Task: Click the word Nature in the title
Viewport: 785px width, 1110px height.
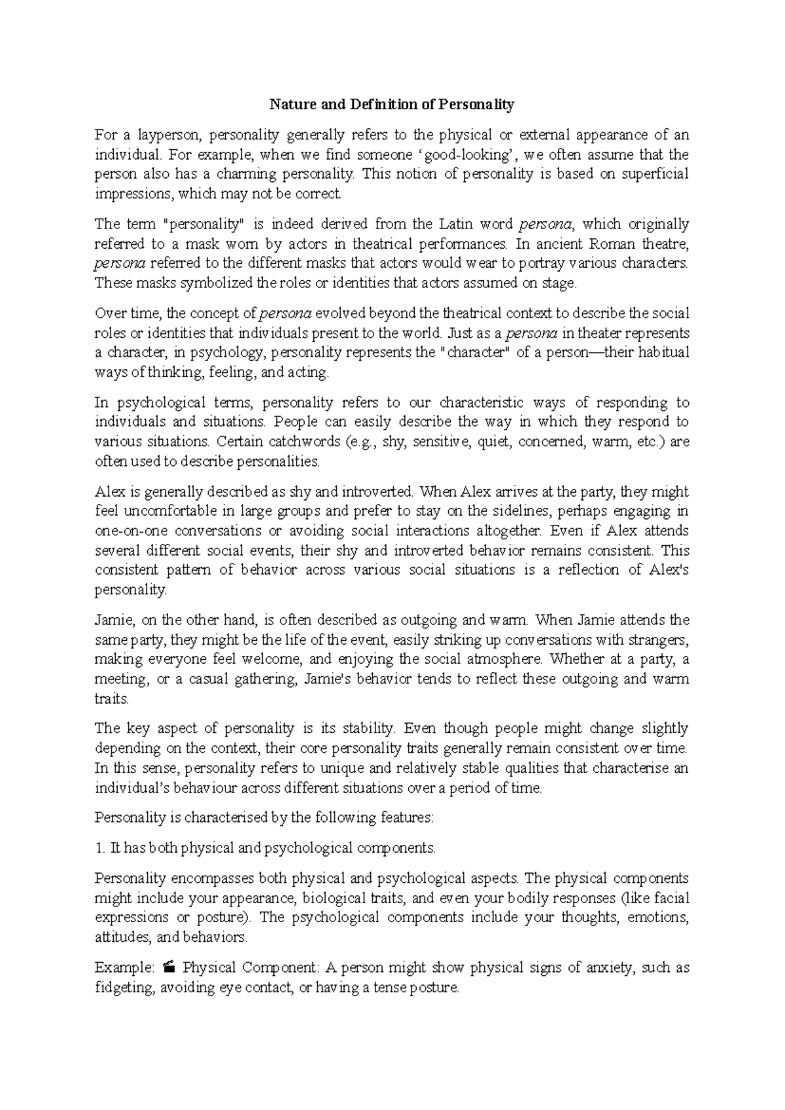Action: pos(290,104)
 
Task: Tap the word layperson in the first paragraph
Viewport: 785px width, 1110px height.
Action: pos(167,135)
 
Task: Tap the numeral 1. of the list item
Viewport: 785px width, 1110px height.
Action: pos(99,848)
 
